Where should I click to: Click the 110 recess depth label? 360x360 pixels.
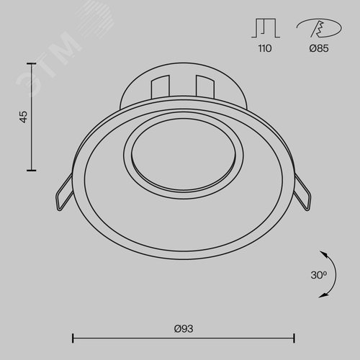click(x=265, y=48)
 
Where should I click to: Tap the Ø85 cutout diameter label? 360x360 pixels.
click(x=319, y=48)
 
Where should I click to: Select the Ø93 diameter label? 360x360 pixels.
click(x=184, y=328)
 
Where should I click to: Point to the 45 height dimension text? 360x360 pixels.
click(x=24, y=117)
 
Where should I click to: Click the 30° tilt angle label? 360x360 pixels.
click(x=319, y=275)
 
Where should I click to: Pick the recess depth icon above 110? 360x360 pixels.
click(x=266, y=28)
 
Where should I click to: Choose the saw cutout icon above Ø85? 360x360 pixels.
click(x=319, y=28)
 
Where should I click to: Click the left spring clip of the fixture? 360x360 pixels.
click(x=64, y=192)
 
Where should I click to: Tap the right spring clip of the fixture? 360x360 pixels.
click(x=302, y=192)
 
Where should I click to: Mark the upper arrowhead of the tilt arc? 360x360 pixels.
click(x=323, y=253)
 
